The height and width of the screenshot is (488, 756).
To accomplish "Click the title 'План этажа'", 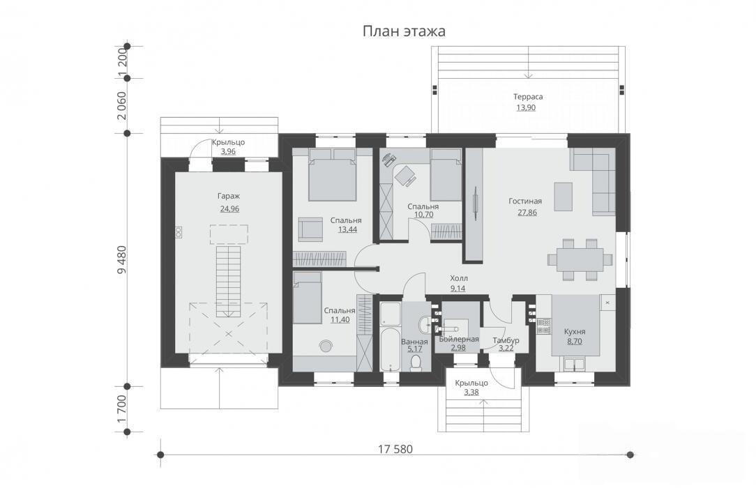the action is point(404,32).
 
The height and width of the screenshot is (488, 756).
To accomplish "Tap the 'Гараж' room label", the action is point(229,197).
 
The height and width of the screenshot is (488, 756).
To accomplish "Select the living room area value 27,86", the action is point(527,213).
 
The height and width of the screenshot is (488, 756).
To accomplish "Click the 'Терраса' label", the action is point(528,97).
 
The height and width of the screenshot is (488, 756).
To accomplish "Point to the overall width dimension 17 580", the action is point(395,450).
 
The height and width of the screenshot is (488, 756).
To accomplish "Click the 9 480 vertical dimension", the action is point(121,259).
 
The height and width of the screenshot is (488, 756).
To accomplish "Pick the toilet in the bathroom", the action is point(416,363).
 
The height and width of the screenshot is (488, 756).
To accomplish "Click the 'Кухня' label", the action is point(575,332).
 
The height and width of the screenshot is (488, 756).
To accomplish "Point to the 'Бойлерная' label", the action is point(458,339).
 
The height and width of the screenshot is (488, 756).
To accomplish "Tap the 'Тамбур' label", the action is point(506,341).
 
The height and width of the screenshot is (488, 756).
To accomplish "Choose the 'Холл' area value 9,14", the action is point(458,289).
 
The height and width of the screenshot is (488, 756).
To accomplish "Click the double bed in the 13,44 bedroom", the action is point(332,174).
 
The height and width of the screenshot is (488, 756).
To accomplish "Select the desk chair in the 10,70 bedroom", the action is point(405,175).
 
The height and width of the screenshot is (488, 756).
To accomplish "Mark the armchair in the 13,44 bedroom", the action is point(310,229).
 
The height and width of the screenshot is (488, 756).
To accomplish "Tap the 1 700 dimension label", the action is point(121,409).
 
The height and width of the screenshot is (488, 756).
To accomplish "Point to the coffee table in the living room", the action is point(563,197).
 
